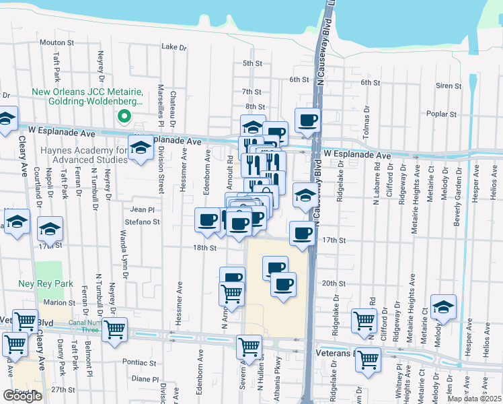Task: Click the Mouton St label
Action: point(56,42)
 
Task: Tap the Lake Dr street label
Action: point(174,47)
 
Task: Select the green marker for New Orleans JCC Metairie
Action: point(124,116)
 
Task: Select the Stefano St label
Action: point(141,220)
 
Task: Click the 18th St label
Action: point(204,248)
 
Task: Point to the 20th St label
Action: point(329,283)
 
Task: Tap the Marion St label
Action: point(59,303)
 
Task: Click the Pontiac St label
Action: point(139,362)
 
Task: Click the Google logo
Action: point(22,396)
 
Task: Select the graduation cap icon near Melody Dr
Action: point(442,306)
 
